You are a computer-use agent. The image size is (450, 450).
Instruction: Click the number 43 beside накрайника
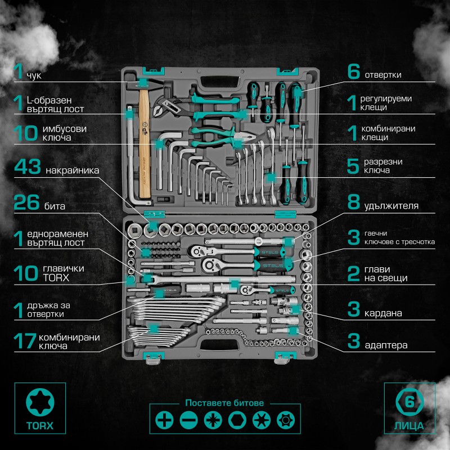pyautogui.click(x=28, y=166)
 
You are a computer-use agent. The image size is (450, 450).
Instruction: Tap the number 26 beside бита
pyautogui.click(x=26, y=202)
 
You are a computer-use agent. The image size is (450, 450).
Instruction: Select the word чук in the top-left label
pyautogui.click(x=34, y=75)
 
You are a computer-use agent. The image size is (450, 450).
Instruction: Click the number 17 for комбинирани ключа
pyautogui.click(x=25, y=341)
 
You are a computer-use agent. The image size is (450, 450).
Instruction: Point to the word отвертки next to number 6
pyautogui.click(x=383, y=75)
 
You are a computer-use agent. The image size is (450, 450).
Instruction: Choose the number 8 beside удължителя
pyautogui.click(x=354, y=202)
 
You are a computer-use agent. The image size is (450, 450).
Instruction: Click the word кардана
pyautogui.click(x=383, y=313)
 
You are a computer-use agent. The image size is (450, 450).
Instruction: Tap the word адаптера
pyautogui.click(x=386, y=345)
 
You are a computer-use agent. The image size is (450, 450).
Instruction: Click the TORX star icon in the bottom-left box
pyautogui.click(x=40, y=402)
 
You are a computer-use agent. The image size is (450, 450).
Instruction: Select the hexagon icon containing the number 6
pyautogui.click(x=409, y=402)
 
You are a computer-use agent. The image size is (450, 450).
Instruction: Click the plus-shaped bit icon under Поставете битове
pyautogui.click(x=164, y=420)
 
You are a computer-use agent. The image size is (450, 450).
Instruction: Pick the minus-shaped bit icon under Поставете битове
pyautogui.click(x=188, y=420)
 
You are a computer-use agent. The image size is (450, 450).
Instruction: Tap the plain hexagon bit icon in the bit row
pyautogui.click(x=237, y=420)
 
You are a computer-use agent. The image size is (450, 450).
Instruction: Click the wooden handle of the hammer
pyautogui.click(x=145, y=143)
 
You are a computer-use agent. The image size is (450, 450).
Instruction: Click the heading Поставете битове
pyautogui.click(x=224, y=403)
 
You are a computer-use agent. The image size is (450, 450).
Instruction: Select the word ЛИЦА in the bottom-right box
pyautogui.click(x=409, y=426)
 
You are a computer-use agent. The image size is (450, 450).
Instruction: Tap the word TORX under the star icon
pyautogui.click(x=40, y=426)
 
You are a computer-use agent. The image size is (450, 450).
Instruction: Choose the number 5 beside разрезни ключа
pyautogui.click(x=353, y=166)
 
